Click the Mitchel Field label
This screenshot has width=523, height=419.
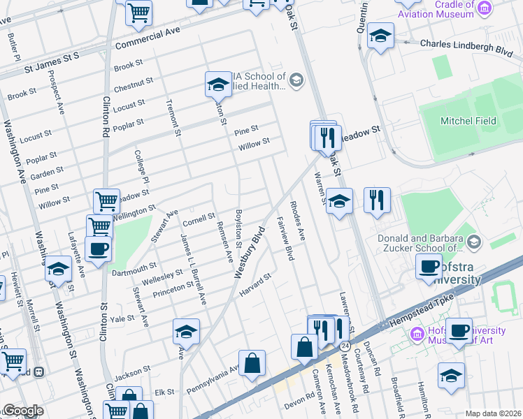[468, 121]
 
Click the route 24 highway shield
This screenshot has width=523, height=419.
[345, 346]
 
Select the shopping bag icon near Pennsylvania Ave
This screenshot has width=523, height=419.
[252, 362]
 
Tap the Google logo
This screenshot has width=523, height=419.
[23, 411]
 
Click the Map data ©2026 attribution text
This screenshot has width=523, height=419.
[492, 413]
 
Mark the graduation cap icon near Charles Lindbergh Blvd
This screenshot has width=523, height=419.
[380, 37]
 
